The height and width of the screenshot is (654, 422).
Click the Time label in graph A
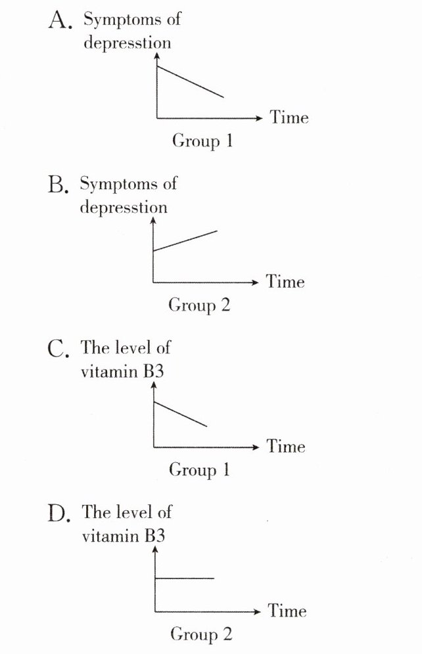[289, 118]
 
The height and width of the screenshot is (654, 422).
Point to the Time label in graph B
[285, 282]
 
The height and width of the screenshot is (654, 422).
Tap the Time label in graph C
[286, 447]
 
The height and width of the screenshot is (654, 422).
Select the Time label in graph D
[287, 611]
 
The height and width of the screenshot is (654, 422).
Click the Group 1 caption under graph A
[202, 141]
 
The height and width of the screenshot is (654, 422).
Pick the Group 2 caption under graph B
[199, 305]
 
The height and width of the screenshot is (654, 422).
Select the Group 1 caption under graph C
[199, 470]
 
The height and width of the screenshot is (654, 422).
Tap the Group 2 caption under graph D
[200, 634]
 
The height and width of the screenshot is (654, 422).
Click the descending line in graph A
[190, 82]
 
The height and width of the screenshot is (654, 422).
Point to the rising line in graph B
[185, 240]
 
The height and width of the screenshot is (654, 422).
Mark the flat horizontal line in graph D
[184, 578]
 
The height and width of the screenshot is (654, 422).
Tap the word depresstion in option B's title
[124, 207]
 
